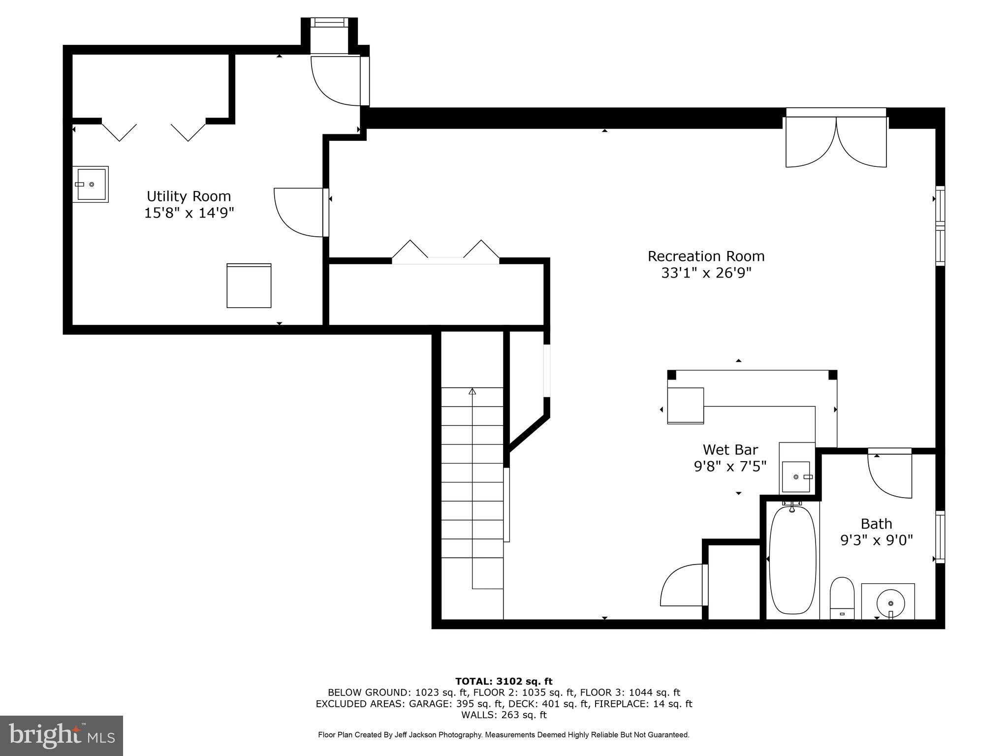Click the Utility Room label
click(189, 196)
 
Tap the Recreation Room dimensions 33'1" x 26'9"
click(706, 273)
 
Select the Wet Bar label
click(730, 449)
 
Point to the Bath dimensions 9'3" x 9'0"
click(876, 540)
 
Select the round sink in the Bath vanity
click(890, 602)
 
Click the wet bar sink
click(796, 476)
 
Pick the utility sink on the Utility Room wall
click(91, 184)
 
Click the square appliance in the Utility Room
click(249, 286)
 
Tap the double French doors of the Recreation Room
click(836, 140)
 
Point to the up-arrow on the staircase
click(472, 392)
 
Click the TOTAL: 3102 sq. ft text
click(504, 681)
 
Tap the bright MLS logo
click(62, 735)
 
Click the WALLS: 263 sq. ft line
click(504, 715)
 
